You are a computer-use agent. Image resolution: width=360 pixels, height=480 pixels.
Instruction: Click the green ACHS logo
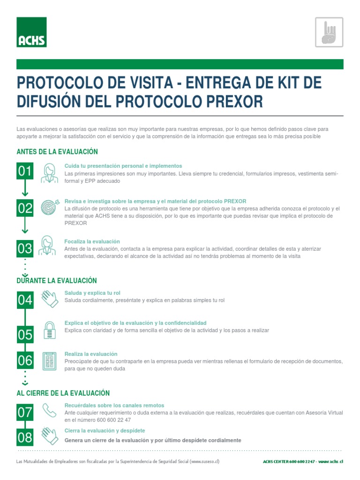click(31, 32)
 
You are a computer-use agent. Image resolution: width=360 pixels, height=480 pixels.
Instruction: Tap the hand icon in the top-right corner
click(329, 32)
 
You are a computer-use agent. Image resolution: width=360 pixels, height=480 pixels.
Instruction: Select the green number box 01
click(25, 172)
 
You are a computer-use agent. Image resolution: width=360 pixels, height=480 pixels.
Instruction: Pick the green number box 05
click(25, 335)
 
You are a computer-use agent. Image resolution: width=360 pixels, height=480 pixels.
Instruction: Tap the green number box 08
click(25, 437)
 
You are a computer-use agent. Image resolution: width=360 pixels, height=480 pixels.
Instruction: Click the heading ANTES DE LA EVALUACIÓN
click(57, 151)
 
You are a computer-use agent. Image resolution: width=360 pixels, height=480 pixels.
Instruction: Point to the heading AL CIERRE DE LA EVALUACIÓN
click(63, 393)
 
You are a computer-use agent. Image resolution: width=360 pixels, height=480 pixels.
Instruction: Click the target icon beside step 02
click(50, 207)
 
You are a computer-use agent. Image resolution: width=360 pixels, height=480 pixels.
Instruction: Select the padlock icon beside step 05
click(50, 330)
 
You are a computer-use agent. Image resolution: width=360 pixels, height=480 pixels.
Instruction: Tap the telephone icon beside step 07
click(50, 411)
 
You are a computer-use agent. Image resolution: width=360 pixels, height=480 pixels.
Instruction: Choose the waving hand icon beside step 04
click(50, 299)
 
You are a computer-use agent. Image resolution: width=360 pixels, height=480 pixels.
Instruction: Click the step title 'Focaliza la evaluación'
click(92, 241)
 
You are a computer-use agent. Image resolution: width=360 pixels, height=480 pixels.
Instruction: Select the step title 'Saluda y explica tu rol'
click(92, 293)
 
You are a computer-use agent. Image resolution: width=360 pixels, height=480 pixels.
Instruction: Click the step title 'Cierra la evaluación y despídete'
click(105, 430)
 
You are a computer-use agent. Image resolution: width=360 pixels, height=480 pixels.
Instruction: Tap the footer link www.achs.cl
click(330, 462)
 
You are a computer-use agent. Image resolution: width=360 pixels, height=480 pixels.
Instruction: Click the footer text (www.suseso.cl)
click(204, 462)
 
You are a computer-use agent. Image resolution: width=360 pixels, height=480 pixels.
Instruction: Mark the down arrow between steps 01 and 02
click(25, 189)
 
